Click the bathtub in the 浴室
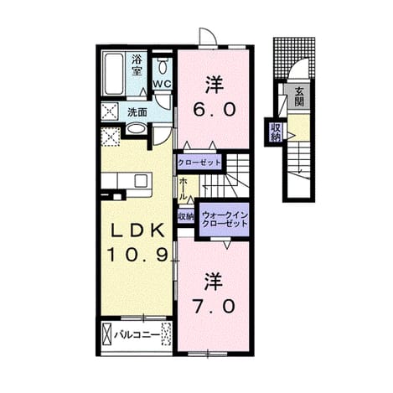114,75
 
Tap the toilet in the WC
163,66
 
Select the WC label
163,85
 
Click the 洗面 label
137,112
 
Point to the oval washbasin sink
136,129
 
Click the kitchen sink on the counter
141,180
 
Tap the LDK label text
137,230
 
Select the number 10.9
138,255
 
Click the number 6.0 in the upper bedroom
214,109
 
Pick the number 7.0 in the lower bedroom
214,306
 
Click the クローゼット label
199,163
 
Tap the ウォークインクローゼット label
225,220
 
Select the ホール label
183,189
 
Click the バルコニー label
137,334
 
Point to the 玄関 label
298,96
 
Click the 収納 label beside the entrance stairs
275,132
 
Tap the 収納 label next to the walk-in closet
186,217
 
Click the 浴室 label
137,65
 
